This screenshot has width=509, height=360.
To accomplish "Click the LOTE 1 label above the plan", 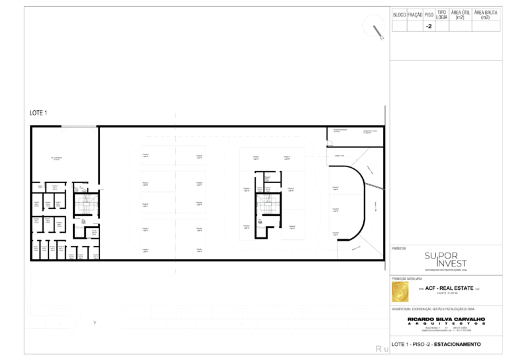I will pyautogui.click(x=38, y=113).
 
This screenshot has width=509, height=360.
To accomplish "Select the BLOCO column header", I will pyautogui.click(x=400, y=14).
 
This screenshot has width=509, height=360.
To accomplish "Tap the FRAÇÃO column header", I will pyautogui.click(x=415, y=14).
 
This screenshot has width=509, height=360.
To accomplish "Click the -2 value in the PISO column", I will pyautogui.click(x=429, y=27).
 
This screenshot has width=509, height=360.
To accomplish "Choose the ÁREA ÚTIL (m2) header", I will pyautogui.click(x=460, y=14).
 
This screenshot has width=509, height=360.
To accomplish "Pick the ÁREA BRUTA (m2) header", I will pyautogui.click(x=486, y=14).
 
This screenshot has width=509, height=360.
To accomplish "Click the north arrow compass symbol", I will pyautogui.click(x=377, y=30).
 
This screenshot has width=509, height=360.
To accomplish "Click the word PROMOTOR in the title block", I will pyautogui.click(x=399, y=248).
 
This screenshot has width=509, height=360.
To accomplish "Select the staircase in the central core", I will pyautogui.click(x=265, y=205).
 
